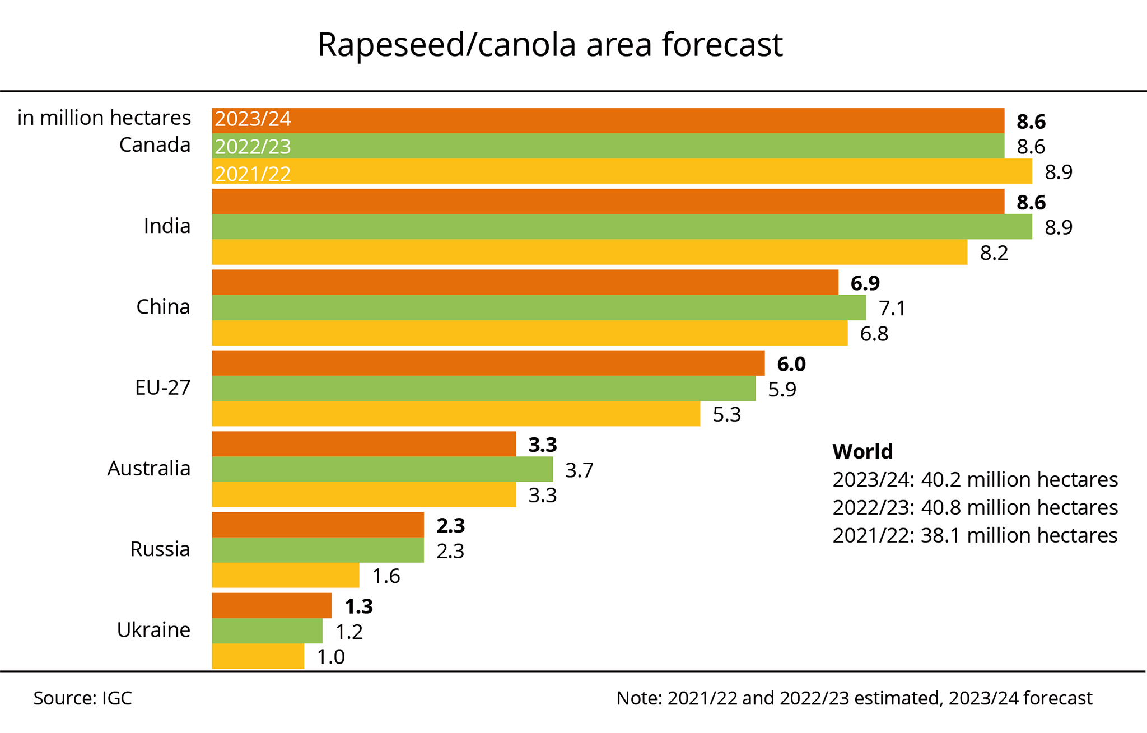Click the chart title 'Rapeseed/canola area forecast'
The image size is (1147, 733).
point(549,45)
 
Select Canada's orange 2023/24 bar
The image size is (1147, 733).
point(608,120)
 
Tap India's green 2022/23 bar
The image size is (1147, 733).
point(622,227)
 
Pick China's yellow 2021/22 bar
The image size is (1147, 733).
point(529,333)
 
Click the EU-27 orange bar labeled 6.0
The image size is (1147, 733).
point(488,363)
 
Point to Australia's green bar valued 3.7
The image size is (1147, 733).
point(382,469)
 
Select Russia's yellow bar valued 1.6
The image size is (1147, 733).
point(285,576)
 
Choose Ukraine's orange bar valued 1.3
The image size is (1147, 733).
point(272,606)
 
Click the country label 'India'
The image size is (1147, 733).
point(167,226)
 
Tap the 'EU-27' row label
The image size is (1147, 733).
point(162,387)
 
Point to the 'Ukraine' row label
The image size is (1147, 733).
point(153,630)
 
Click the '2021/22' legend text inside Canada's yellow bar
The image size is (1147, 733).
point(253,174)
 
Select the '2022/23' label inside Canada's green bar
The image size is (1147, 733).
point(253,147)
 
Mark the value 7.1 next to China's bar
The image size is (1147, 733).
point(892,309)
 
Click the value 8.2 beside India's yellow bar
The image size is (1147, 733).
point(994,253)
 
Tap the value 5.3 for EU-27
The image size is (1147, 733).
point(726,415)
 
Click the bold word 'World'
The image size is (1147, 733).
point(862,451)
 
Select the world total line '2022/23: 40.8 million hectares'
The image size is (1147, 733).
point(975,507)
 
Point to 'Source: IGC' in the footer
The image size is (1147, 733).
point(82,698)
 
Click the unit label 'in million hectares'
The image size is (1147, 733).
point(104,118)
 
